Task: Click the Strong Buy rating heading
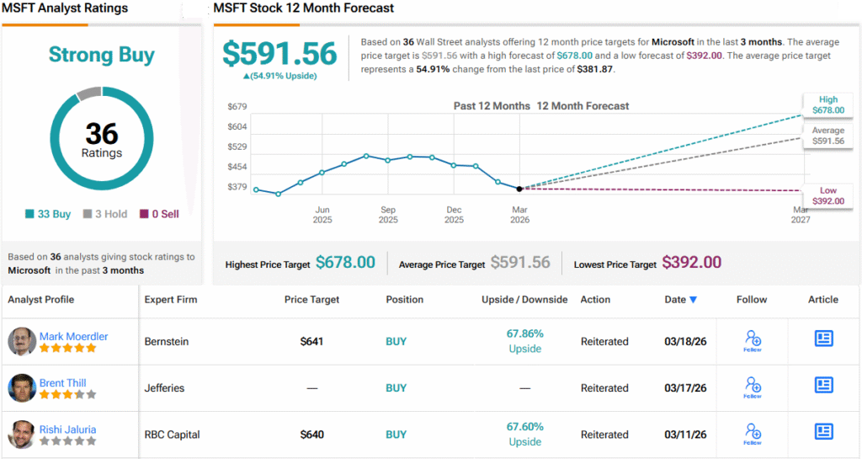(102, 56)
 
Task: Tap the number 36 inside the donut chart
(102, 133)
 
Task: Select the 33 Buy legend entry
(48, 214)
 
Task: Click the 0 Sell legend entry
(159, 214)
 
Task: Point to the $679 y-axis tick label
(237, 107)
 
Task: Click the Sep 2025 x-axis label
(388, 215)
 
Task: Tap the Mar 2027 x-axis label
(800, 215)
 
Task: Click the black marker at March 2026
(519, 189)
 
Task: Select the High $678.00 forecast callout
(827, 104)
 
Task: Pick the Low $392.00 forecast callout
(827, 195)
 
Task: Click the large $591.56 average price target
(279, 54)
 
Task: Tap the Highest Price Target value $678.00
(345, 263)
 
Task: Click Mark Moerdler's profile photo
(22, 341)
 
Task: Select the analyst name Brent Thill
(63, 383)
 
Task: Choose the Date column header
(680, 299)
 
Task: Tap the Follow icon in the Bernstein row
(753, 340)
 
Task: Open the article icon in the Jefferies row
(823, 385)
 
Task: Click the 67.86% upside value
(524, 334)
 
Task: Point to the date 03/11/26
(685, 435)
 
